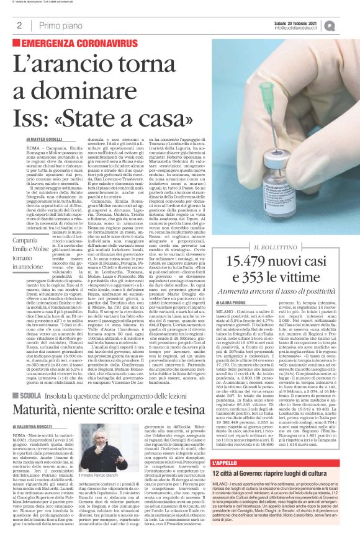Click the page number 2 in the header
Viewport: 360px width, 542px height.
click(19, 25)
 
